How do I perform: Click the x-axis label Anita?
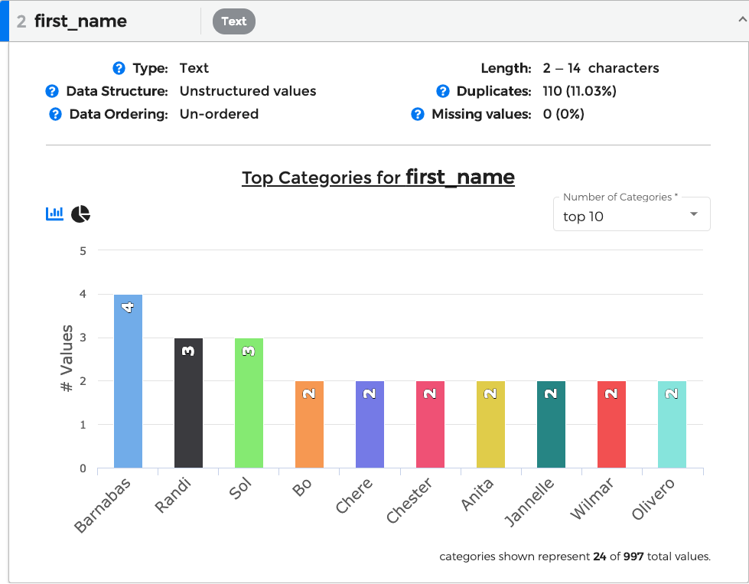(x=478, y=494)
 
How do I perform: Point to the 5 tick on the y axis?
(x=83, y=250)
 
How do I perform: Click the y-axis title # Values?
(x=67, y=359)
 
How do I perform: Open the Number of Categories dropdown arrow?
(x=694, y=214)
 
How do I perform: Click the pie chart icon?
(x=80, y=214)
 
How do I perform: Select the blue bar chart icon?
(x=55, y=214)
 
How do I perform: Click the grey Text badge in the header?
(x=233, y=21)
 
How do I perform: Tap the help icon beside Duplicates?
(x=442, y=91)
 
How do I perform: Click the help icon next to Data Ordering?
(x=55, y=114)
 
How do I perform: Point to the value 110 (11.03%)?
(x=579, y=91)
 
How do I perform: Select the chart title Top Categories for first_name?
(x=378, y=178)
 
